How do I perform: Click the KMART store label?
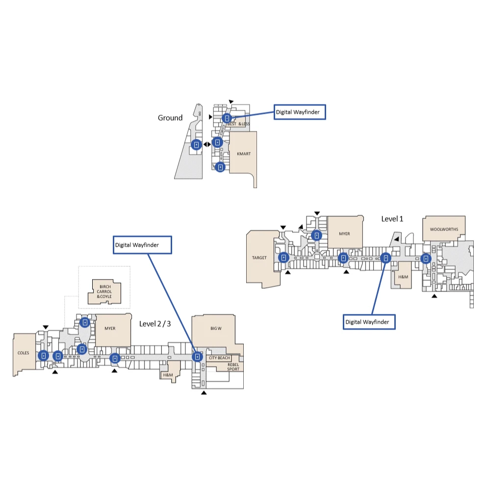(244, 153)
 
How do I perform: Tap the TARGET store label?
(259, 257)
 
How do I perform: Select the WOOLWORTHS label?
(444, 230)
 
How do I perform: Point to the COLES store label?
(23, 353)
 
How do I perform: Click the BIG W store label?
(216, 328)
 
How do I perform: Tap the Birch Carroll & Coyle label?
(104, 292)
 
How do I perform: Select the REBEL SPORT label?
(233, 367)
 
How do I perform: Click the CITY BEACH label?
(219, 358)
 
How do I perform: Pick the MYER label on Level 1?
(344, 234)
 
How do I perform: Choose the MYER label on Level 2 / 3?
(110, 328)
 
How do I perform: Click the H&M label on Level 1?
(403, 277)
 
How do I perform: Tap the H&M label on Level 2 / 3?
(168, 375)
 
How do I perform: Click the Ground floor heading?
(170, 118)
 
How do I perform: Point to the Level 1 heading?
(392, 219)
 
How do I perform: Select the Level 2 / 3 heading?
(155, 324)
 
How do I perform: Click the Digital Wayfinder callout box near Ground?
(300, 112)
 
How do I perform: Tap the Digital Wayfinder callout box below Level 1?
(369, 322)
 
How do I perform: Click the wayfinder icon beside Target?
(283, 257)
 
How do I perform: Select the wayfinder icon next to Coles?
(43, 356)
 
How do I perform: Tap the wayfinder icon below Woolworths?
(426, 258)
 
